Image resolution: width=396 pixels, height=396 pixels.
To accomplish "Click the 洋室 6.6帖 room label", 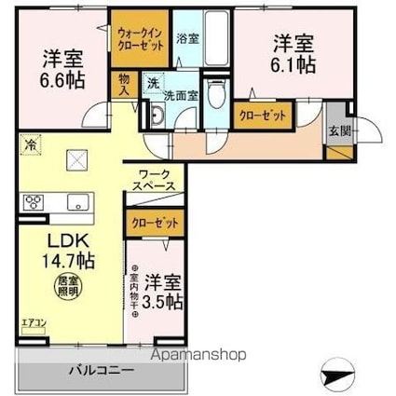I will point(63,68).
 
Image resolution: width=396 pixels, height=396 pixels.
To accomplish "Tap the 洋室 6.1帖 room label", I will point(294,54).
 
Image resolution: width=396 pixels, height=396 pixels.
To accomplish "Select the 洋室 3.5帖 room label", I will point(163,291).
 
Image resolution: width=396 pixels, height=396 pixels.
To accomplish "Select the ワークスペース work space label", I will point(154,181).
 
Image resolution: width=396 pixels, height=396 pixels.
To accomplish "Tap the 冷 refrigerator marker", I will point(30,145).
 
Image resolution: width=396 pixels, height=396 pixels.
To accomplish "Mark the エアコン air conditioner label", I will point(34,323).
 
